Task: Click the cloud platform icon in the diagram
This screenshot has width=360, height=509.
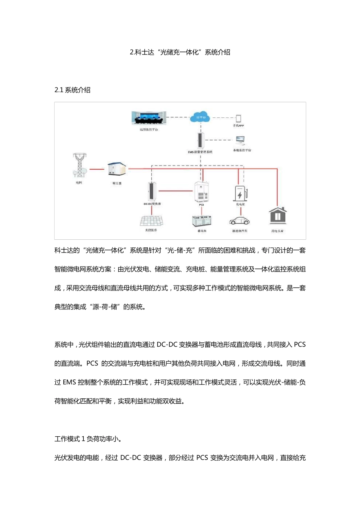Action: click(200, 117)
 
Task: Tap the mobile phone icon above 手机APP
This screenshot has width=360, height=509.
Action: click(238, 119)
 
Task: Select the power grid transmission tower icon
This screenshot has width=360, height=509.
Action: click(80, 165)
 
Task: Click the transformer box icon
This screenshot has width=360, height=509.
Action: click(116, 169)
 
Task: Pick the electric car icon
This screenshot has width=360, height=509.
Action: click(239, 221)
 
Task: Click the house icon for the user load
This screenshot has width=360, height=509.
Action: click(278, 216)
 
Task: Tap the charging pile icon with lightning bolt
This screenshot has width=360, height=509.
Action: click(240, 193)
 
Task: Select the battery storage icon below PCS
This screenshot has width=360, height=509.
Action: click(202, 221)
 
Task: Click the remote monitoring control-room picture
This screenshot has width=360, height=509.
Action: click(149, 118)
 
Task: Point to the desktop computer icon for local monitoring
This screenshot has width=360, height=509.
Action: click(240, 141)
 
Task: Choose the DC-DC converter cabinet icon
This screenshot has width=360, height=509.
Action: click(152, 192)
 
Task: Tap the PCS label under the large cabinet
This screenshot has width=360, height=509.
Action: click(201, 205)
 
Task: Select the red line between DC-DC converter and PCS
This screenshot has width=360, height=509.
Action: click(175, 191)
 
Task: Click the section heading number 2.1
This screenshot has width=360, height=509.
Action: click(59, 90)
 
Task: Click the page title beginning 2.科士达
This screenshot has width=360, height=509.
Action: click(180, 52)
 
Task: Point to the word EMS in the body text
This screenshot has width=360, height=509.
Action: click(69, 383)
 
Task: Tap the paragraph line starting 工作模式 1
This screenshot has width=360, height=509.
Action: click(88, 439)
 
